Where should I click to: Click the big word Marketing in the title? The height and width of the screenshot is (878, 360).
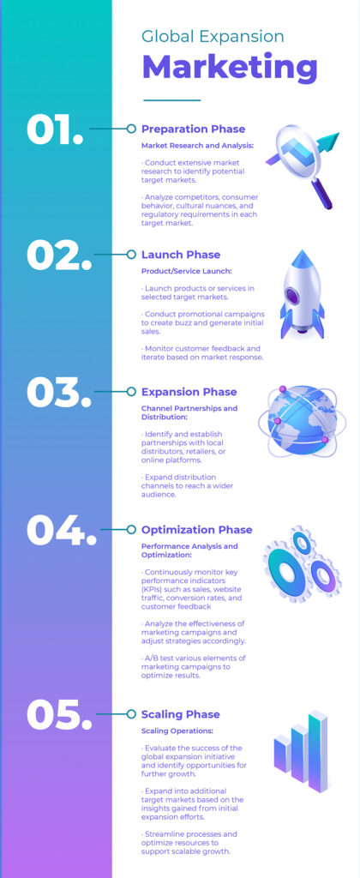[x=230, y=67]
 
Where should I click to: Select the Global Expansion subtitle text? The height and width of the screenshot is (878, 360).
[x=213, y=36]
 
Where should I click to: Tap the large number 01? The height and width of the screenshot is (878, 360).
[x=55, y=129]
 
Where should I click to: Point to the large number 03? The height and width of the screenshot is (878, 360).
[x=59, y=392]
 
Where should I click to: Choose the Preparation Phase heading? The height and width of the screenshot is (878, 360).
[x=193, y=129]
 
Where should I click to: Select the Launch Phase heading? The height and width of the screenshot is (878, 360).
[x=181, y=255]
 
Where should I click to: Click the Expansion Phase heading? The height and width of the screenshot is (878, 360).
[x=189, y=392]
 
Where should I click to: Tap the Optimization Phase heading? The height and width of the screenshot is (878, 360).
[x=196, y=530]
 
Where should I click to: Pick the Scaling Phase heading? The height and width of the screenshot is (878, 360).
[x=180, y=714]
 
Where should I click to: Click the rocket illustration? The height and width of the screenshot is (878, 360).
[x=303, y=294]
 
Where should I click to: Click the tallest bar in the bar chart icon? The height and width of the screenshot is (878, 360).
[x=318, y=751]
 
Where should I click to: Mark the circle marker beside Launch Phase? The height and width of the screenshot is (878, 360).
[x=131, y=255]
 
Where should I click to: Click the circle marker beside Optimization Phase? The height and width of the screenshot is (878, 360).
[x=131, y=530]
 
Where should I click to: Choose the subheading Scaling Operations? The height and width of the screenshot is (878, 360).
[x=177, y=731]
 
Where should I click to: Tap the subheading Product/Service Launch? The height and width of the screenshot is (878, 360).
[x=187, y=272]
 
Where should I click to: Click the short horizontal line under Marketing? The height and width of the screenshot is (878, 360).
[x=172, y=100]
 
